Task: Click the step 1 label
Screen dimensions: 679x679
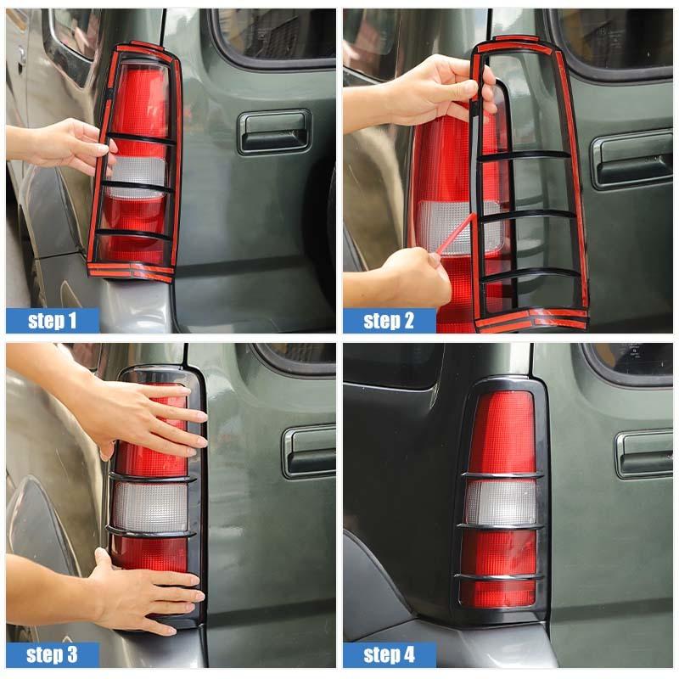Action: pos(52,320)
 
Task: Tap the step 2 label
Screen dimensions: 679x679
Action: pos(389,320)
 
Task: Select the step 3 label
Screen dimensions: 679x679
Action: pos(52,654)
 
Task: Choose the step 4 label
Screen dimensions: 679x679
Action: pos(389,654)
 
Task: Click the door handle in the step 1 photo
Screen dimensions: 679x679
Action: pos(273,132)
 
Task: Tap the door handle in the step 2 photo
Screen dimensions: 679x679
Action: pos(631,159)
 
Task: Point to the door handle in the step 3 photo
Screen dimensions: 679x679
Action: pos(309,451)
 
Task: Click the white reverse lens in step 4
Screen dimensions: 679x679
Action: pos(501,502)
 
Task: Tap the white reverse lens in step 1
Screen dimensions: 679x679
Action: pos(136,174)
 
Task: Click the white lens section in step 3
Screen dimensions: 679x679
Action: pos(150,507)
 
